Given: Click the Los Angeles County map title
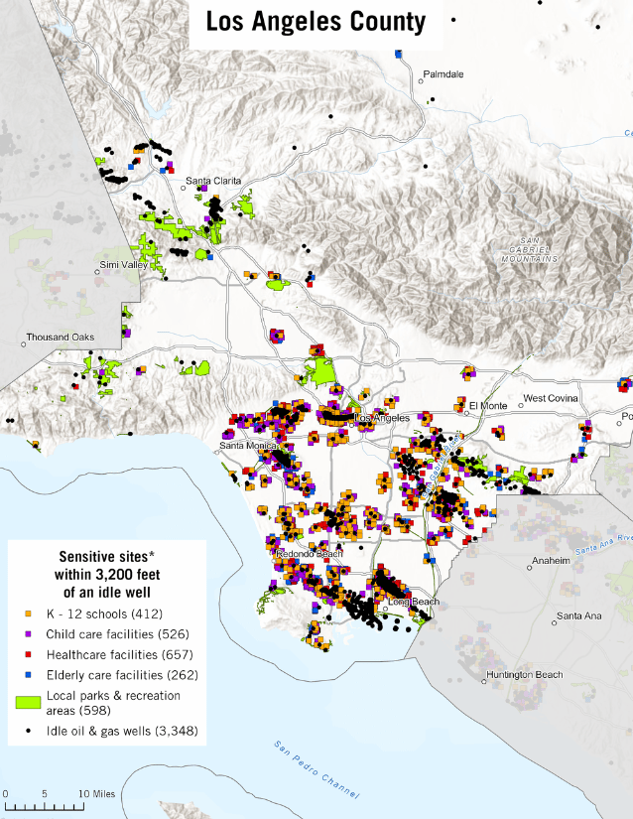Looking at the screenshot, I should click(316, 22).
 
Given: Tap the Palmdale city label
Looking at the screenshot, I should click(443, 74).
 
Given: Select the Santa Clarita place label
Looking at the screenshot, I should click(213, 181).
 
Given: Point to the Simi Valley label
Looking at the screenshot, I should click(123, 265).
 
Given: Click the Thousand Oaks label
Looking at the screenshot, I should click(60, 338).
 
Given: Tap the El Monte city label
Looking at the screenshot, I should click(487, 405).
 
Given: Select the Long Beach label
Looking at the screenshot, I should click(412, 603).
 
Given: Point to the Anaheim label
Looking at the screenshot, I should click(551, 561).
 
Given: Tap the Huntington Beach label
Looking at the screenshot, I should click(523, 675).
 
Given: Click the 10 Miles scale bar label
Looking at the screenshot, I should click(95, 794).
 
